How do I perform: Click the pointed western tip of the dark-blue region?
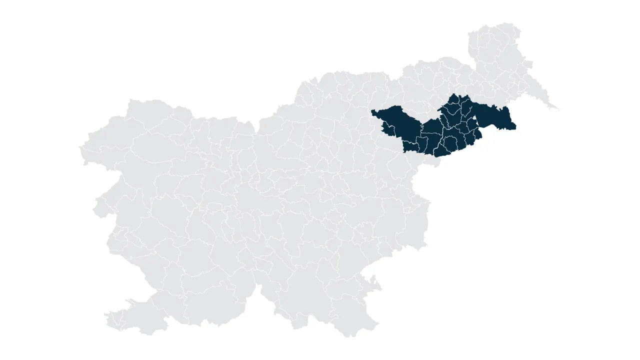pyautogui.click(x=372, y=110)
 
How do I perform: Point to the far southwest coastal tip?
pyautogui.click(x=107, y=315)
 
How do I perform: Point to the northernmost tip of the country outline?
pyautogui.click(x=505, y=24)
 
